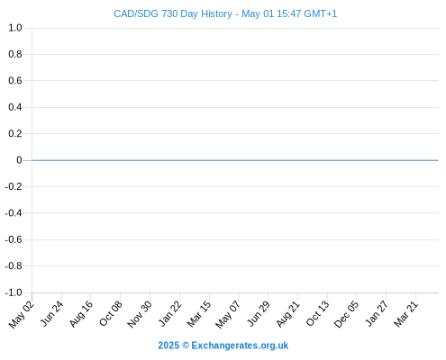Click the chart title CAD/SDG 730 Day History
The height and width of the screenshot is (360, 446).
coord(173,13)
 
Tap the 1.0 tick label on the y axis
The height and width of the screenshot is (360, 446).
coord(15,28)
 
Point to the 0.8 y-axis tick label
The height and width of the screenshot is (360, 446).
coord(15,54)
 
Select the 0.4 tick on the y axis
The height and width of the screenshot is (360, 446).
coord(15,107)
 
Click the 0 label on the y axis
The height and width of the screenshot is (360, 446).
coord(19,160)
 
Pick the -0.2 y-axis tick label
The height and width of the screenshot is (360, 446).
coord(14,186)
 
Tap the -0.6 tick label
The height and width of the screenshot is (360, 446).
coord(14,239)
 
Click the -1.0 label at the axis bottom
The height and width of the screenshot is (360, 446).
coord(14,292)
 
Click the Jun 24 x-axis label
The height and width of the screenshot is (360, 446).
coord(51,313)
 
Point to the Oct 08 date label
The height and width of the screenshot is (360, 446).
coord(111,313)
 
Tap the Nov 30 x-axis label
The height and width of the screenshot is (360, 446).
coord(140,314)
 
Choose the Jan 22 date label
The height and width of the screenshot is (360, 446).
coord(170,313)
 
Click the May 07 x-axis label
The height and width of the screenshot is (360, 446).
coord(228,314)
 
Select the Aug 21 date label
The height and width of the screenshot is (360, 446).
coord(288,314)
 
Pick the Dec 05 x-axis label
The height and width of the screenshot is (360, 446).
coord(346,314)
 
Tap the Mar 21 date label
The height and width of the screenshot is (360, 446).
coord(406,314)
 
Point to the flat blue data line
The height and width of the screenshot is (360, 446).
coord(235,160)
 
